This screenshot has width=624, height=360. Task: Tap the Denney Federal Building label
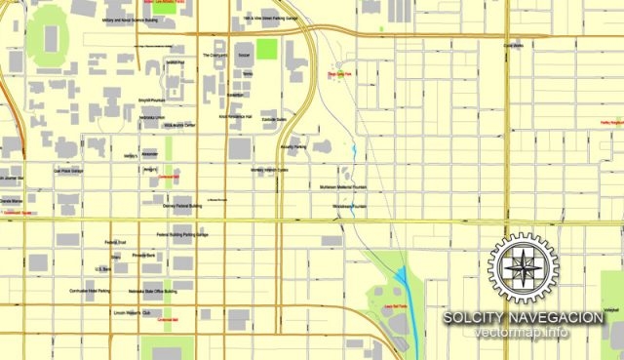tap(182, 206)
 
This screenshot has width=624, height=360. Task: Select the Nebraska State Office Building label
tap(156, 292)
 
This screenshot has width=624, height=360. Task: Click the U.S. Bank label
tap(102, 268)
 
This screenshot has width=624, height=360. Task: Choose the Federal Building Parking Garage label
tap(182, 235)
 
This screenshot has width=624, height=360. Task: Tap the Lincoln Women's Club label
tap(134, 313)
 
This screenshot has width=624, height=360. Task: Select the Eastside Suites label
tap(274, 120)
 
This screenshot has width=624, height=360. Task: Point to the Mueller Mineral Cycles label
tap(269, 169)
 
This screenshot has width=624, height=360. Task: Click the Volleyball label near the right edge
tap(611, 309)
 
